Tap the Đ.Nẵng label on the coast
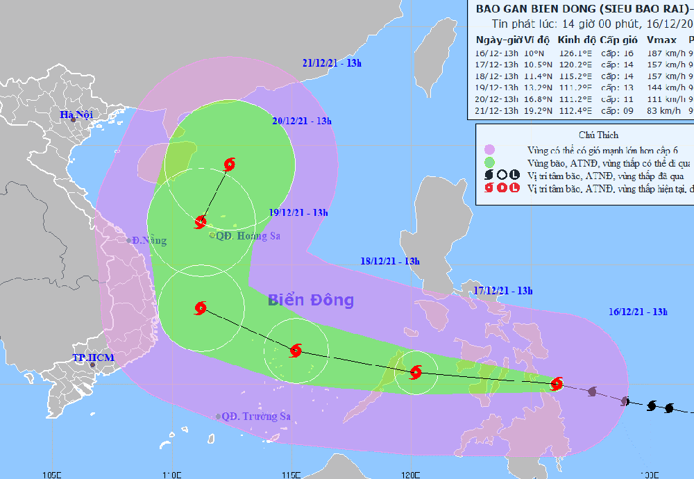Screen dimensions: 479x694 pyautogui.click(x=151, y=240)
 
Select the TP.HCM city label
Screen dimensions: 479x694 pyautogui.click(x=92, y=358)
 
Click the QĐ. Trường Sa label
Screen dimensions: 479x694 pyautogui.click(x=255, y=417)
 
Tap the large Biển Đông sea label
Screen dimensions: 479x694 pyautogui.click(x=311, y=301)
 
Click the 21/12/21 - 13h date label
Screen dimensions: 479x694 pyautogui.click(x=332, y=63)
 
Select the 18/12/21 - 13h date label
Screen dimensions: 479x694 pyautogui.click(x=390, y=261)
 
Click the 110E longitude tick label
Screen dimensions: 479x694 pyautogui.click(x=171, y=474)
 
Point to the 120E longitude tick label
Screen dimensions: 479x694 pyautogui.click(x=411, y=474)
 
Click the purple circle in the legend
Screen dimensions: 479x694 pyautogui.click(x=490, y=149)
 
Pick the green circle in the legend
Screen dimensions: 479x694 pyautogui.click(x=490, y=162)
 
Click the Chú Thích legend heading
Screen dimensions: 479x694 pyautogui.click(x=598, y=135)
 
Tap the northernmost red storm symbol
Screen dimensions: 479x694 pyautogui.click(x=230, y=165)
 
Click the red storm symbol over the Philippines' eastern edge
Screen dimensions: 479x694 pyautogui.click(x=557, y=383)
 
